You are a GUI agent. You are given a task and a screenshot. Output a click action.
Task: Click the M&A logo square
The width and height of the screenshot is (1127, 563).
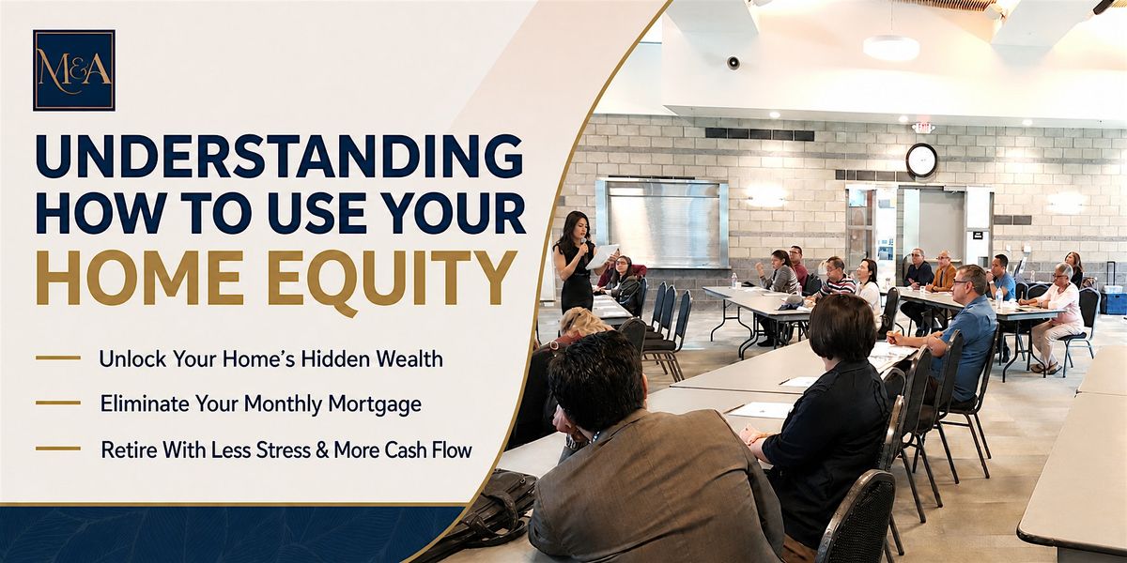click(x=74, y=70)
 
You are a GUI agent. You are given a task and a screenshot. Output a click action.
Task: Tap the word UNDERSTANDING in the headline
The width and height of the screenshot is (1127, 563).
click(x=280, y=157)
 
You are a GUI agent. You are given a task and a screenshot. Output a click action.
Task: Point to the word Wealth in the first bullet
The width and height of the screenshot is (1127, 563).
click(x=409, y=358)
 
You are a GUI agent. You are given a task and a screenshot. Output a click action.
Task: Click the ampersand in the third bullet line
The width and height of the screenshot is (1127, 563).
click(x=321, y=449)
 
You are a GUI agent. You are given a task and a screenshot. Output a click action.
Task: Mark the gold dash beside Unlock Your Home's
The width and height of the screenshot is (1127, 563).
click(x=58, y=358)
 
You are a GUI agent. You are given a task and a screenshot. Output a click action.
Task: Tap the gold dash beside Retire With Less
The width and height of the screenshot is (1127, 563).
click(x=58, y=448)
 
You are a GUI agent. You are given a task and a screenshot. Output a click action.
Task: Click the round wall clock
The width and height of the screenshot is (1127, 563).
click(x=921, y=160)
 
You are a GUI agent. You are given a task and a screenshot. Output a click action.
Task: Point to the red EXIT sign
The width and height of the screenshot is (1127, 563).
click(x=922, y=128)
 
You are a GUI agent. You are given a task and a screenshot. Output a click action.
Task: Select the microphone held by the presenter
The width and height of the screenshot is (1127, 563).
click(x=583, y=246)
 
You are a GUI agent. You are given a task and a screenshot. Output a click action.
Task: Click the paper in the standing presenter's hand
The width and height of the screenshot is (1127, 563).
click(x=602, y=256)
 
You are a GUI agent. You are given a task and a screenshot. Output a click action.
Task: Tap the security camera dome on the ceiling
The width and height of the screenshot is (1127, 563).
click(x=733, y=62)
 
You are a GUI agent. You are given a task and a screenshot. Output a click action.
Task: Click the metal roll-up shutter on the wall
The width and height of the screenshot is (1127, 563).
click(x=663, y=223)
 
